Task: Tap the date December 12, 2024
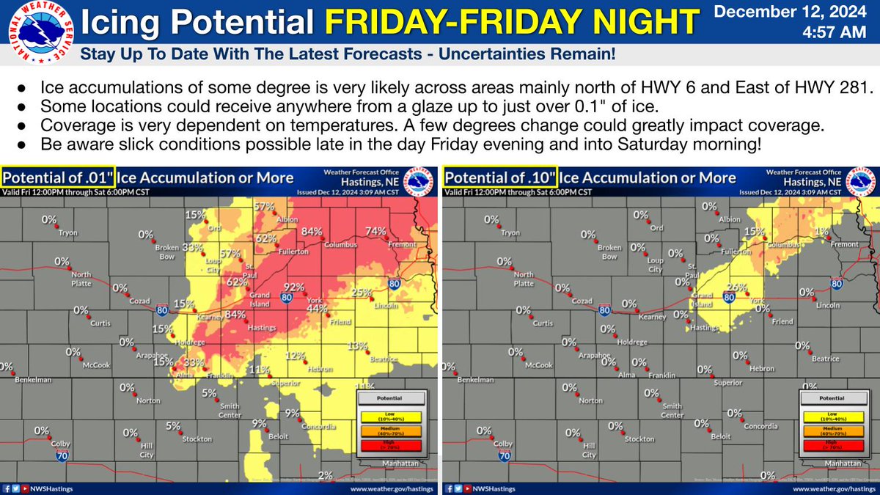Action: tap(795, 12)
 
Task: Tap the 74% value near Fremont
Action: tap(375, 231)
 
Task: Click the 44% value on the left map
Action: tap(316, 309)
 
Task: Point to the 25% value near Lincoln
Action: tap(359, 292)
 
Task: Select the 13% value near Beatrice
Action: tap(357, 346)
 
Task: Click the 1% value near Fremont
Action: tap(821, 231)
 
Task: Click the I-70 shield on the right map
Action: tap(505, 456)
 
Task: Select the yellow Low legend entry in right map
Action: tap(834, 415)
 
